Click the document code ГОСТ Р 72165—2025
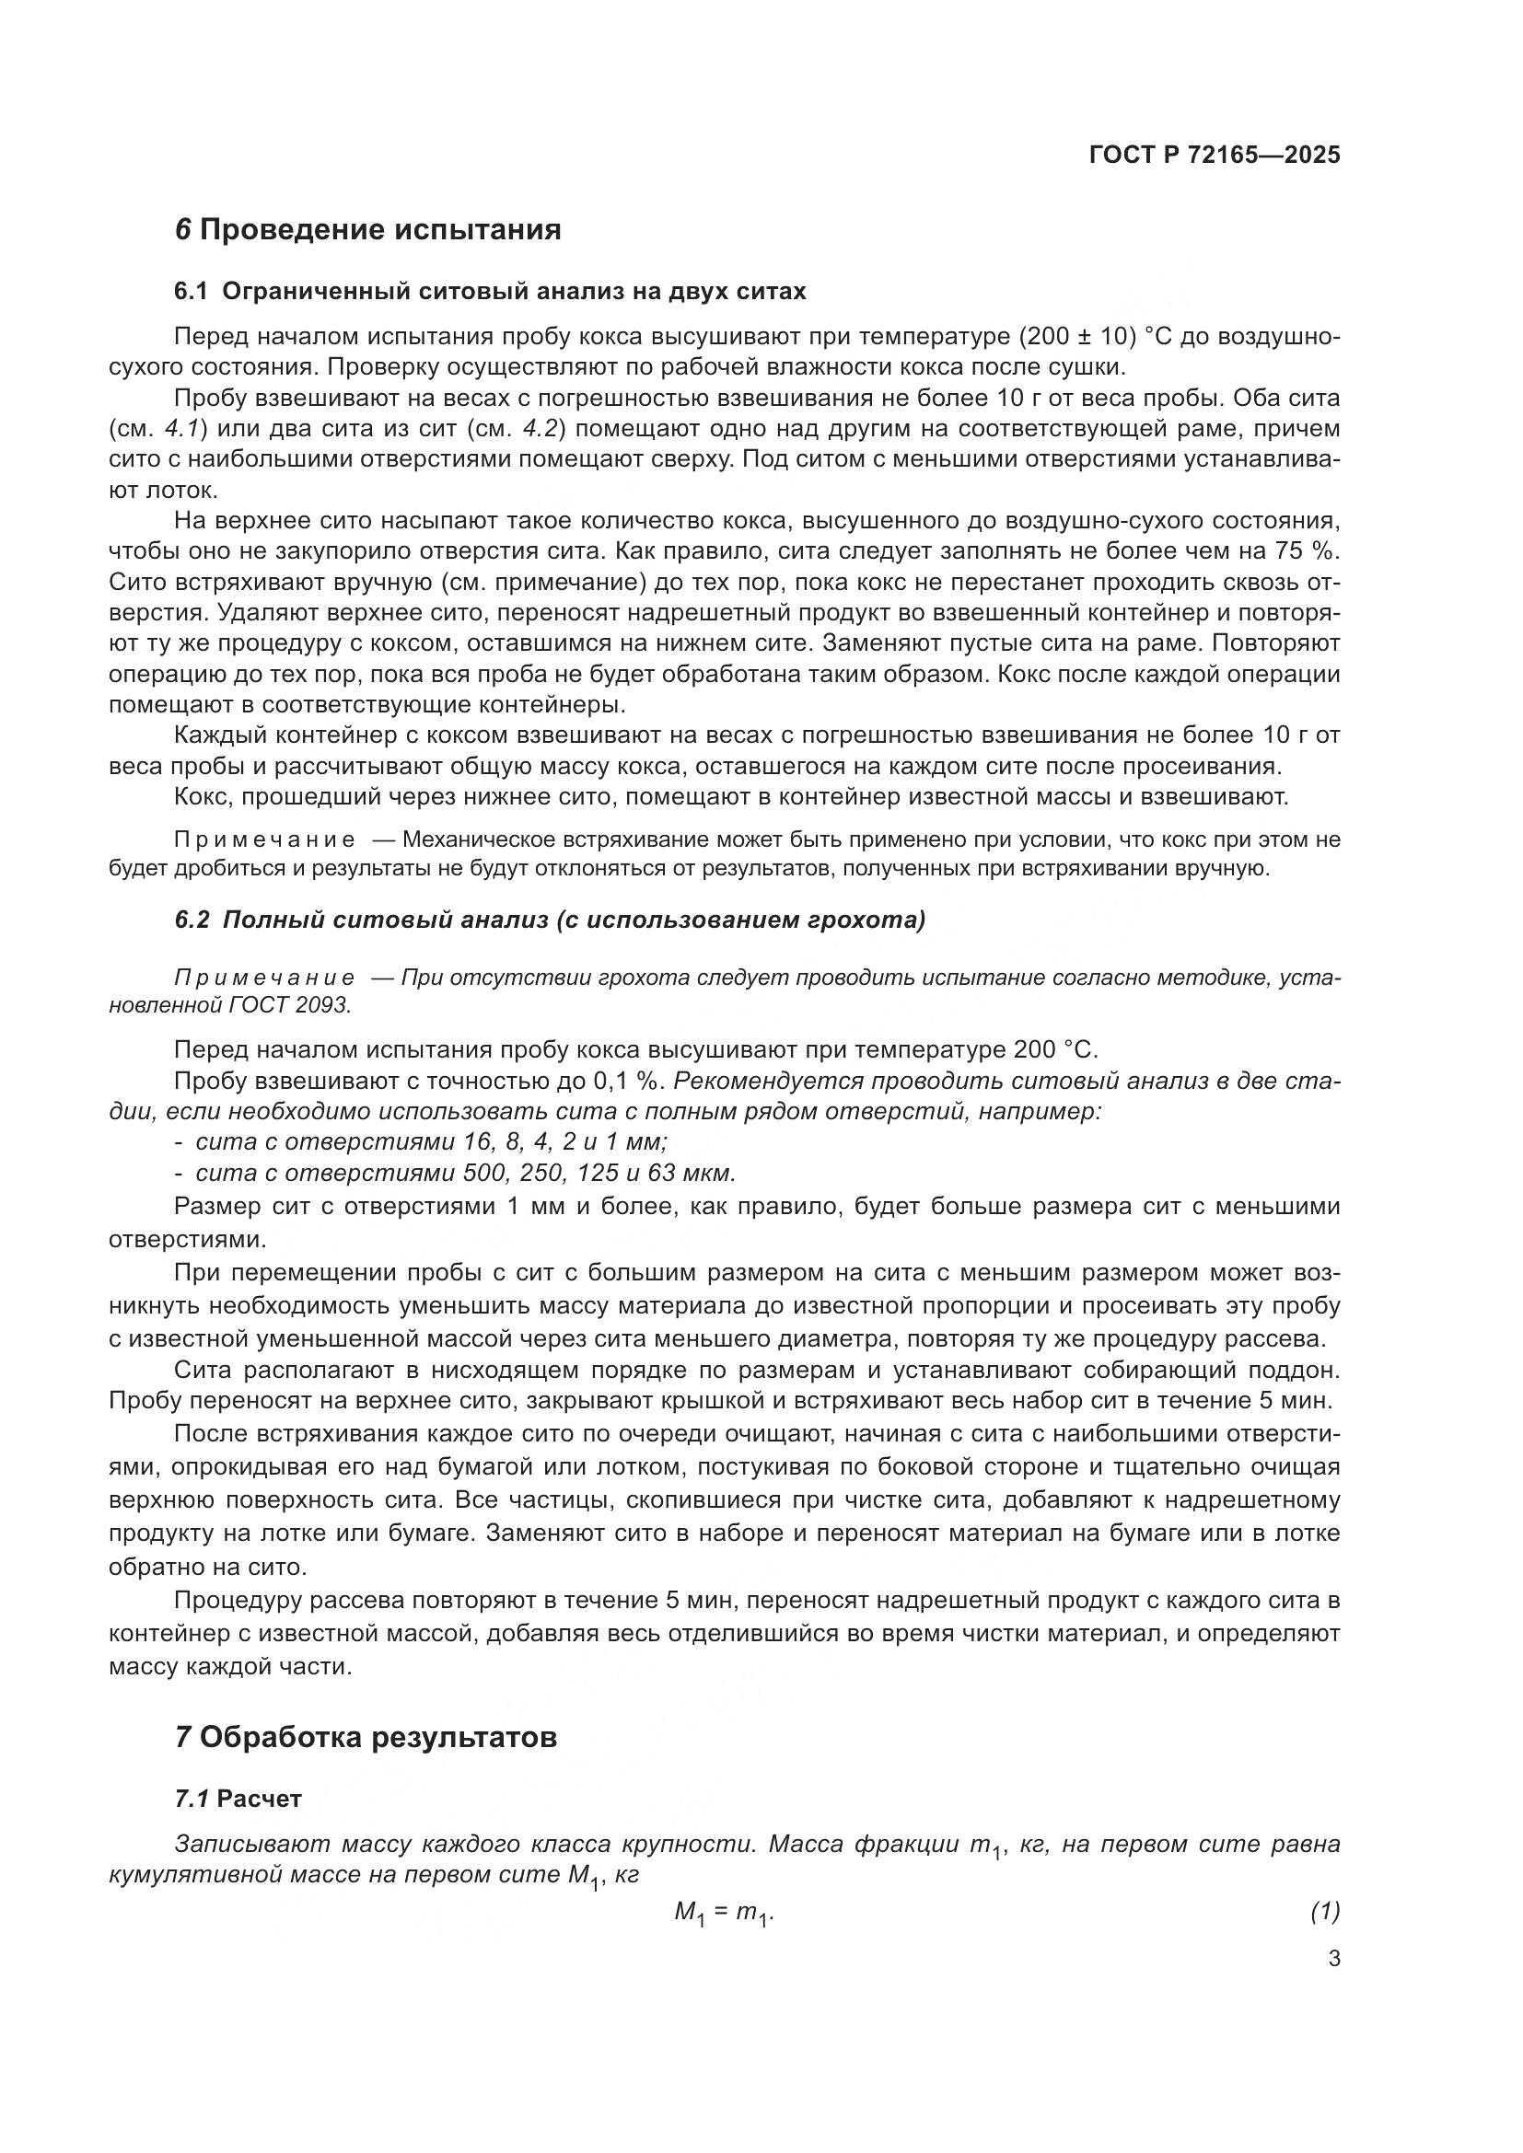click(x=1215, y=155)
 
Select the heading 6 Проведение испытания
click(x=367, y=230)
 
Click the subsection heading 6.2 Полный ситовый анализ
click(x=550, y=920)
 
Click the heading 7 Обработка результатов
click(x=366, y=1738)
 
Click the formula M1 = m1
click(x=723, y=1912)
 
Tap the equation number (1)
click(x=1324, y=1911)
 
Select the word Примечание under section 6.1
click(x=264, y=840)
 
